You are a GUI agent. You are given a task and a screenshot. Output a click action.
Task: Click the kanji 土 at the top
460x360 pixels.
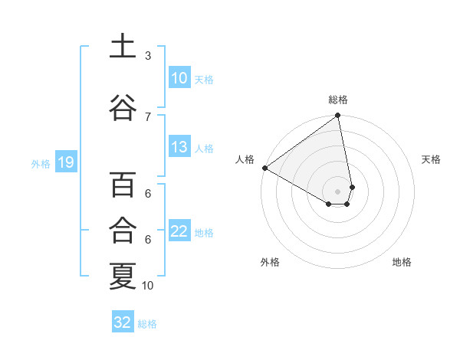coord(123,47)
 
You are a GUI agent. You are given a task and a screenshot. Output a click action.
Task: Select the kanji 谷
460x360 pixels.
coord(123,108)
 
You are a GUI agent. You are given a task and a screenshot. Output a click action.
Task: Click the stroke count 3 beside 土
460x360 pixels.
coord(148,56)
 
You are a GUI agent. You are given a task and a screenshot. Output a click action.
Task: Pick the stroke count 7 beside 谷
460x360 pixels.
coord(148,116)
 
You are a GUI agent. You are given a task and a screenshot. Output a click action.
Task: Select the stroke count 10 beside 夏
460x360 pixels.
coord(148,286)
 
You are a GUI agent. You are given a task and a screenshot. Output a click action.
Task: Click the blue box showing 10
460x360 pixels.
coord(179,78)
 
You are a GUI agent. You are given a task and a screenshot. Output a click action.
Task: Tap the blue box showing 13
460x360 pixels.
coord(179,148)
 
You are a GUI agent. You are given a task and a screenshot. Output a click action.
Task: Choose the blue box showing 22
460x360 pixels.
coord(179,232)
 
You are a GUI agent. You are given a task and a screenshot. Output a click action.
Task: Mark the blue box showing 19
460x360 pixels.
coord(65,162)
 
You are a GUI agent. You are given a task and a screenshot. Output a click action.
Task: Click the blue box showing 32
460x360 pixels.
coord(123,322)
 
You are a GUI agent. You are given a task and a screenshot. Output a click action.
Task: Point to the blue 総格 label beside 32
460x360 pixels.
coord(147,324)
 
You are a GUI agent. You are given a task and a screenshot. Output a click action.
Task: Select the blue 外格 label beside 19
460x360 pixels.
coord(41,163)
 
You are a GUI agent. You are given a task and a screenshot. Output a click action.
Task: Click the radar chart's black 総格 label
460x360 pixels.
coord(338,100)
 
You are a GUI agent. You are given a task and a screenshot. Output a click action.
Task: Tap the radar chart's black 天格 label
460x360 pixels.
coord(431,159)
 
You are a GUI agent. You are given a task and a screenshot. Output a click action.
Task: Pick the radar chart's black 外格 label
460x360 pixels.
coord(270,262)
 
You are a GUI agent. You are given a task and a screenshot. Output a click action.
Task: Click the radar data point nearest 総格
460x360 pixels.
coord(337,116)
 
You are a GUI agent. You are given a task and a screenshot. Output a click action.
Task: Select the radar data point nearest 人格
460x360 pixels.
coord(264,168)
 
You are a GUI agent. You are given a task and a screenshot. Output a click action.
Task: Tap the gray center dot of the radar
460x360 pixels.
coord(337,191)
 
